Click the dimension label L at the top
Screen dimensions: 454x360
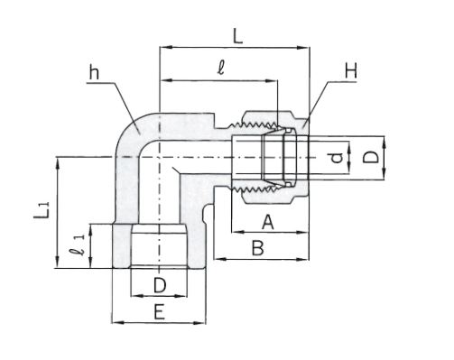[x=237, y=37]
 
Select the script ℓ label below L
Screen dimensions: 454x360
[x=221, y=67]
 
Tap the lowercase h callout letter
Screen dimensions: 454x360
[x=94, y=72]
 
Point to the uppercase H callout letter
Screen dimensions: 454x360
[x=351, y=71]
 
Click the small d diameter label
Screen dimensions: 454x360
[x=337, y=157]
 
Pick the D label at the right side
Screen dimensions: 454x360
[x=370, y=157]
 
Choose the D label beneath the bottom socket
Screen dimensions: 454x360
[x=160, y=285]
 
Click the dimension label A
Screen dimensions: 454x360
[x=268, y=222]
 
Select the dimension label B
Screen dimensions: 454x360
[x=258, y=248]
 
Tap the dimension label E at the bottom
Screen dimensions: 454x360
[x=160, y=311]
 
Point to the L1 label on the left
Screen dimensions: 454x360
[x=42, y=210]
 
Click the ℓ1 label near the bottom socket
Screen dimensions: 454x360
[x=78, y=245]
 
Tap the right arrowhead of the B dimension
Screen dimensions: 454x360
[x=303, y=259]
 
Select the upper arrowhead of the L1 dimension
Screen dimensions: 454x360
[x=57, y=163]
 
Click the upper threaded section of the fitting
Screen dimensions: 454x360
[x=255, y=124]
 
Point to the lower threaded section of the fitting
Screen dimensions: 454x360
[x=255, y=189]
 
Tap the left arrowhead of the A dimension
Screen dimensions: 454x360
[x=238, y=232]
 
